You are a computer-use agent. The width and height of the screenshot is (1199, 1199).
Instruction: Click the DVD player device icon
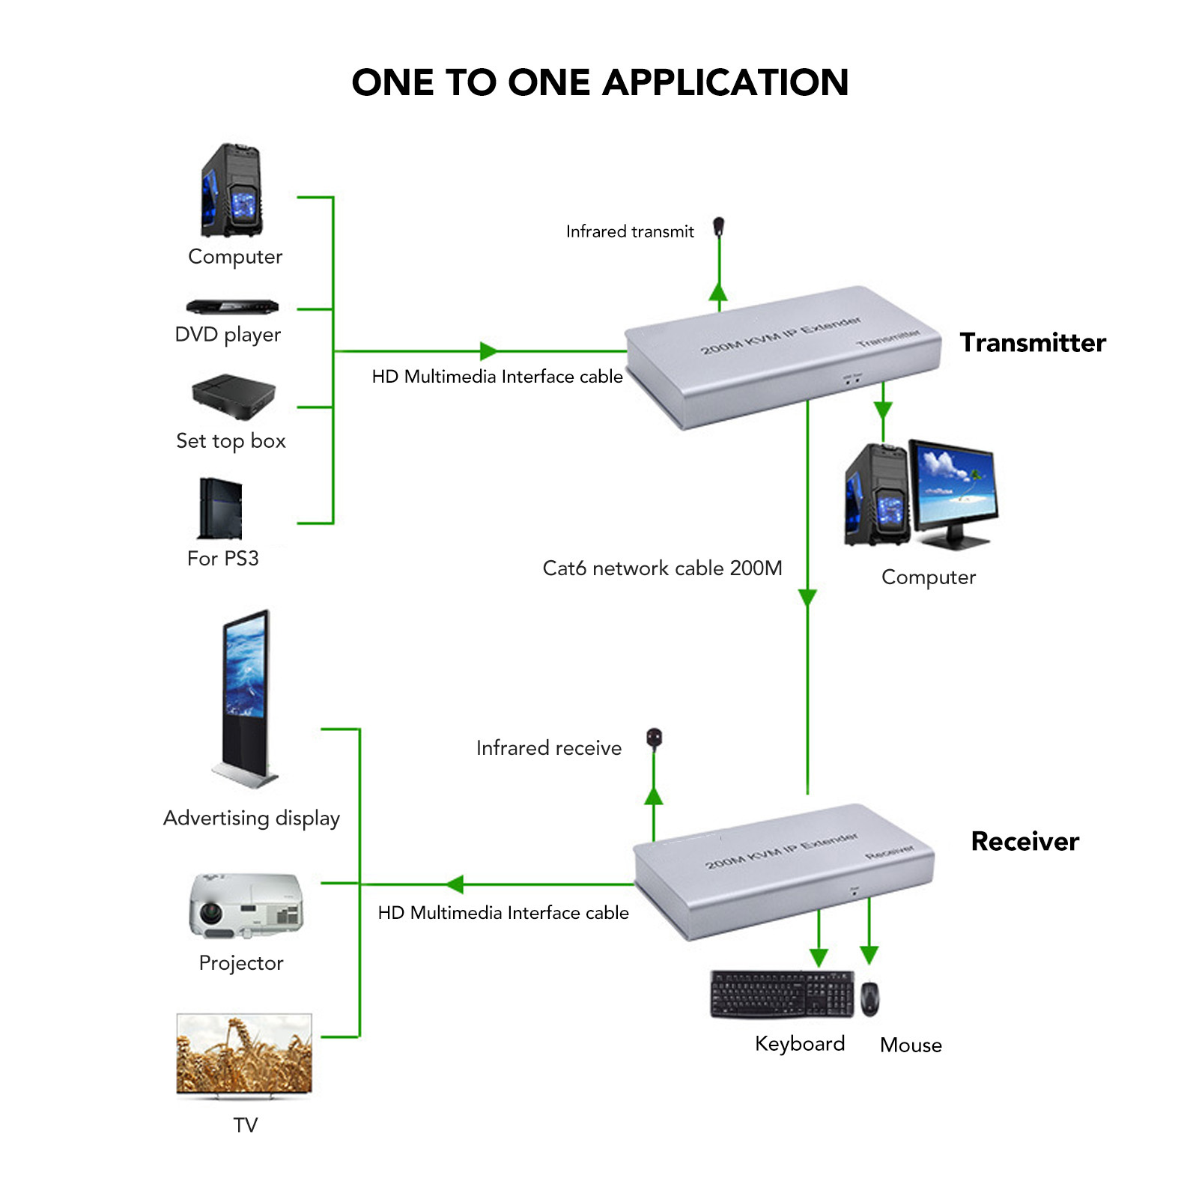coord(232,306)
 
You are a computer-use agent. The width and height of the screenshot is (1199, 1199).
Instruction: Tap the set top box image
coord(234,396)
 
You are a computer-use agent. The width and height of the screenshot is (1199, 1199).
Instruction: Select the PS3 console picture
coord(220,509)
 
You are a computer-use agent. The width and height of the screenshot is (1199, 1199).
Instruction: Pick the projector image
coord(246,906)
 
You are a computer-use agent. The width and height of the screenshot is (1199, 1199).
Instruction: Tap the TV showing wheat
coord(244,1054)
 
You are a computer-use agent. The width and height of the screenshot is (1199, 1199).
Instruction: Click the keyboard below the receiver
coord(781,995)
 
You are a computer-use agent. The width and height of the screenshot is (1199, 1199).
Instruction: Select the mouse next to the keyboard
coord(869,998)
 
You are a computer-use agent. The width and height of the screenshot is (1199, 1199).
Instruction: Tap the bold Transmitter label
coord(1033,342)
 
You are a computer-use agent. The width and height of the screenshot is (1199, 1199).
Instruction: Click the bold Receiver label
coord(1025,841)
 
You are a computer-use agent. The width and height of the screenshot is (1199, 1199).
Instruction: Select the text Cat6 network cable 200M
coord(662,568)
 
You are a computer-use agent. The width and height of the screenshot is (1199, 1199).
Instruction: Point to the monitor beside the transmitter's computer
coord(953,491)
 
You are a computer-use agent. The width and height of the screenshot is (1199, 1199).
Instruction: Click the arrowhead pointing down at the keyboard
coord(819,957)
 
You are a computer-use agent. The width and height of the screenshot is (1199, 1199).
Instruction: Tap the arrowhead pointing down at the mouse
coord(869,954)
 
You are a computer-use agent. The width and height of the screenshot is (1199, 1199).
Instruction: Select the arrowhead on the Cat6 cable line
coord(807,598)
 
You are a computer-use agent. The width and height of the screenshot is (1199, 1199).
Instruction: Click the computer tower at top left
coord(232,190)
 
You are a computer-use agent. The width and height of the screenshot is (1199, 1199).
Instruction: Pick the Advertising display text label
coord(252,818)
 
